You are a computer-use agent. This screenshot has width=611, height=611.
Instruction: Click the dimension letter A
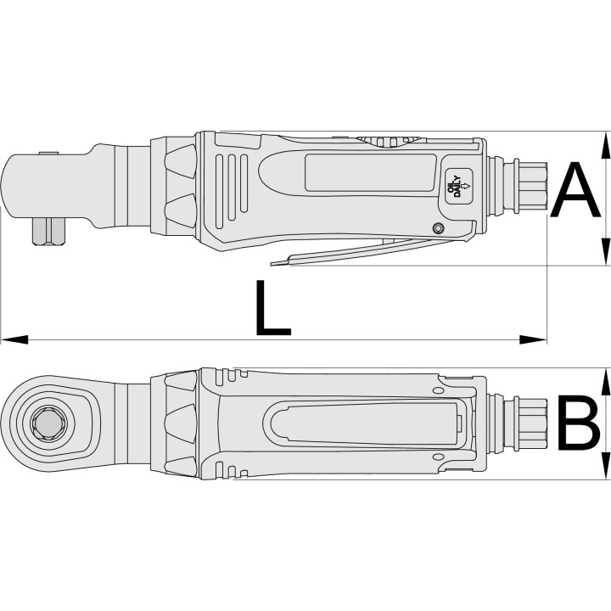pos(575,190)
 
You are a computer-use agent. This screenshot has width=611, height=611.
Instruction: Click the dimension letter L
pos(272,308)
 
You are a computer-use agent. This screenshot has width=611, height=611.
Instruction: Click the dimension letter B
pos(579,423)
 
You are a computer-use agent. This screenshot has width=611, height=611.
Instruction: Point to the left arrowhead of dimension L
pos(14,339)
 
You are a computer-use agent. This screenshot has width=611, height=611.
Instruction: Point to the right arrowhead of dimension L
pos(533,339)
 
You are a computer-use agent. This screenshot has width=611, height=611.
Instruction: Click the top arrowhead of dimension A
pos(605,145)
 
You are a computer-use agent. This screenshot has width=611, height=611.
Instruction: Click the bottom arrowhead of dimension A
pos(605,252)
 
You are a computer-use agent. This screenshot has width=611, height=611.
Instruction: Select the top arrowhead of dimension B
pos(605,382)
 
